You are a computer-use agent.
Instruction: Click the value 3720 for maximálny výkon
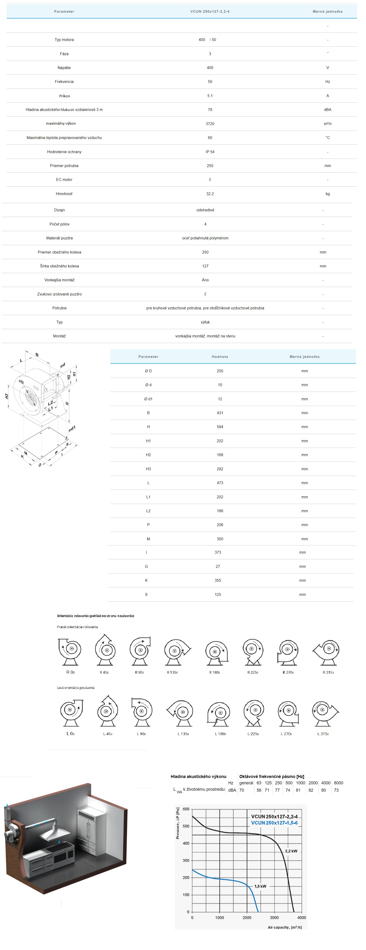(x=210, y=123)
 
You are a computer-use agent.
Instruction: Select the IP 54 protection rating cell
(x=210, y=152)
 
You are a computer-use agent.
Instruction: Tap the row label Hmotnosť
(x=64, y=194)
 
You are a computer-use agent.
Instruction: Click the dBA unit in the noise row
(x=327, y=110)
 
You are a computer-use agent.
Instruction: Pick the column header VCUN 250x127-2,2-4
(x=210, y=12)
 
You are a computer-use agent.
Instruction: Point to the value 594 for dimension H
(x=220, y=427)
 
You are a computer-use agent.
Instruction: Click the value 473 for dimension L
(x=220, y=483)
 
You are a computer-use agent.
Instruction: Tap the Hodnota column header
(x=220, y=357)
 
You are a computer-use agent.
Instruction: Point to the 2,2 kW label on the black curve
(x=291, y=851)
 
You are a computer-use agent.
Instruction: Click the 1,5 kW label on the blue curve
(x=260, y=886)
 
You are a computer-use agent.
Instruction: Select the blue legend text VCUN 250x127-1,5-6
(x=274, y=822)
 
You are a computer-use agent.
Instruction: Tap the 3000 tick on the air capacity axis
(x=274, y=917)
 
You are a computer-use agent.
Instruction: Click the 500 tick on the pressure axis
(x=186, y=826)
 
